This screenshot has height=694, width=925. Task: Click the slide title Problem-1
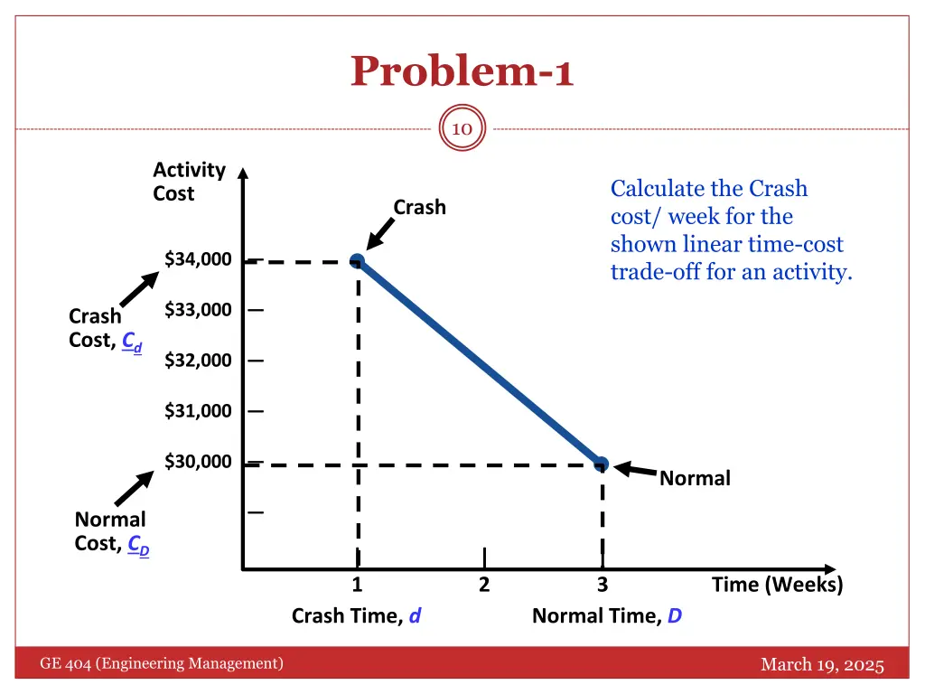pyautogui.click(x=462, y=71)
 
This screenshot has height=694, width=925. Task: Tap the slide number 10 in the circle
pyautogui.click(x=462, y=129)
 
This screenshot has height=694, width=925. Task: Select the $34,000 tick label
pyautogui.click(x=198, y=259)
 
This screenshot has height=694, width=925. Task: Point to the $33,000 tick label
pyautogui.click(x=198, y=310)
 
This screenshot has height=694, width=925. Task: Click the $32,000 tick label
pyautogui.click(x=198, y=361)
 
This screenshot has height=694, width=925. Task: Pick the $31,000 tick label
pyautogui.click(x=198, y=411)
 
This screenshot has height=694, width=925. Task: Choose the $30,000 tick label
pyautogui.click(x=198, y=462)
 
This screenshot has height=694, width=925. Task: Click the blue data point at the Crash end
pyautogui.click(x=358, y=261)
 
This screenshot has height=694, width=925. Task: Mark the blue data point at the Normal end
pyautogui.click(x=602, y=464)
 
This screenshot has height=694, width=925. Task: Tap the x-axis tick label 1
pyautogui.click(x=358, y=585)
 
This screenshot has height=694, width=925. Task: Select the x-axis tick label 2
pyautogui.click(x=484, y=585)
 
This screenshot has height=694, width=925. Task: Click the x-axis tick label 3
pyautogui.click(x=603, y=585)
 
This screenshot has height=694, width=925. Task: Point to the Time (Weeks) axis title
pyautogui.click(x=777, y=585)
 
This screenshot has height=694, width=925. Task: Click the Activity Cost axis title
pyautogui.click(x=189, y=182)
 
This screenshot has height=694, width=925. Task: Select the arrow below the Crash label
pyautogui.click(x=381, y=234)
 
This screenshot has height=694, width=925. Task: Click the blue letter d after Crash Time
pyautogui.click(x=416, y=616)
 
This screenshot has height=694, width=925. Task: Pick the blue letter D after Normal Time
pyautogui.click(x=675, y=616)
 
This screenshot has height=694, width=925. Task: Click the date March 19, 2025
pyautogui.click(x=822, y=665)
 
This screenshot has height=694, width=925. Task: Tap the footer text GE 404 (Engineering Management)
pyautogui.click(x=162, y=664)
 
